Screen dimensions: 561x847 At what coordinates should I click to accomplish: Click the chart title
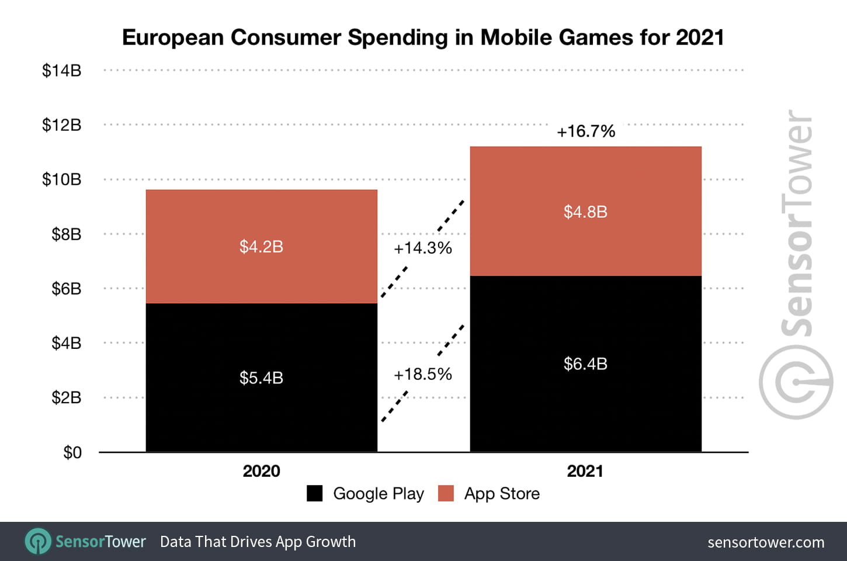pyautogui.click(x=423, y=37)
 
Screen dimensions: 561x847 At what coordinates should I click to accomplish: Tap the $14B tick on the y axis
pyautogui.click(x=61, y=71)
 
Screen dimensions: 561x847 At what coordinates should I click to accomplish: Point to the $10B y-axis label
pyautogui.click(x=61, y=179)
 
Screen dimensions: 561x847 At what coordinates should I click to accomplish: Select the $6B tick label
pyautogui.click(x=66, y=289)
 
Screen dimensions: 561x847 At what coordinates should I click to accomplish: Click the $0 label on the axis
pyautogui.click(x=72, y=452)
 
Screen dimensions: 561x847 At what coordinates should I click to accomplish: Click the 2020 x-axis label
pyautogui.click(x=261, y=471)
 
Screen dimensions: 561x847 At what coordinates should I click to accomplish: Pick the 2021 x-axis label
pyautogui.click(x=585, y=471)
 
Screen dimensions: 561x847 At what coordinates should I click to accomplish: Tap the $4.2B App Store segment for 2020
pyautogui.click(x=261, y=247)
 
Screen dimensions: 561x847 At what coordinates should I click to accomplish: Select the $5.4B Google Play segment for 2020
pyautogui.click(x=261, y=378)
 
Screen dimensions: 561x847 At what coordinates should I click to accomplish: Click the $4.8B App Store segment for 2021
pyautogui.click(x=585, y=212)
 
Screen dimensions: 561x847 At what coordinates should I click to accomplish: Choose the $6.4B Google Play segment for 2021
pyautogui.click(x=585, y=363)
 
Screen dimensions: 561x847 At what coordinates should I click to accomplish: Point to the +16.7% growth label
pyautogui.click(x=586, y=131)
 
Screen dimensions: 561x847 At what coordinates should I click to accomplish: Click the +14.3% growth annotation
pyautogui.click(x=423, y=248)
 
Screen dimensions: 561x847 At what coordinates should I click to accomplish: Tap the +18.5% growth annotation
pyautogui.click(x=423, y=375)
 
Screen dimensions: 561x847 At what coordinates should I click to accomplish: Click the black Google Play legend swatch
pyautogui.click(x=315, y=494)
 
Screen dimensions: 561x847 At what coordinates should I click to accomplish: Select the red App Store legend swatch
pyautogui.click(x=446, y=494)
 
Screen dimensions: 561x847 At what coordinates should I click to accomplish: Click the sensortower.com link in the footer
pyautogui.click(x=766, y=542)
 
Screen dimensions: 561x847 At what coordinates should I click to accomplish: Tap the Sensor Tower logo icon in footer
pyautogui.click(x=38, y=542)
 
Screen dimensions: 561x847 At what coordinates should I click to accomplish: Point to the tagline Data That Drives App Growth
pyautogui.click(x=258, y=542)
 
